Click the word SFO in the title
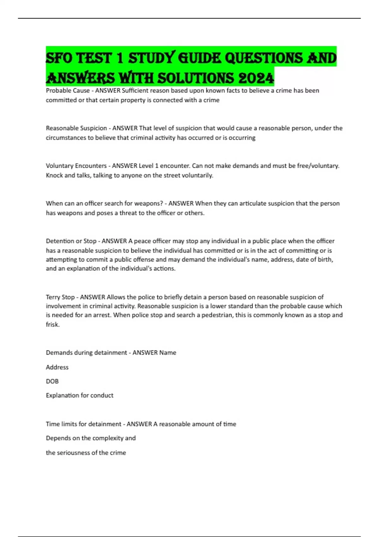pyautogui.click(x=59, y=58)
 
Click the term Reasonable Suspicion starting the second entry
pyautogui.click(x=76, y=128)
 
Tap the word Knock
pyautogui.click(x=54, y=175)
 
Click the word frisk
pyautogui.click(x=52, y=324)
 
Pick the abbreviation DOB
pyautogui.click(x=52, y=381)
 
